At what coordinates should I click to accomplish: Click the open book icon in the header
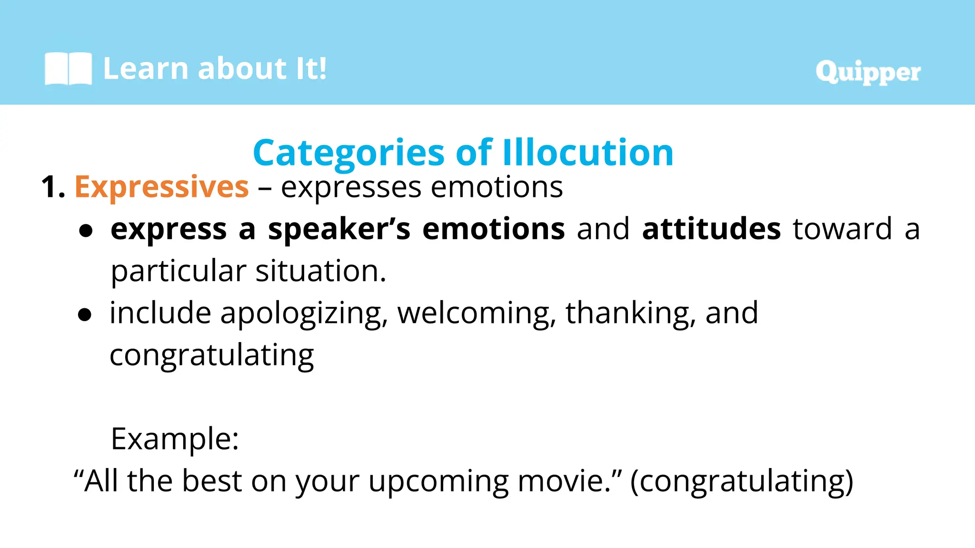68,69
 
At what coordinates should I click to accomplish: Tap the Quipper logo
868,72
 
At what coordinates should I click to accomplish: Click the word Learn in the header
146,68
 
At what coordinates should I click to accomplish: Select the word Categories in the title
348,153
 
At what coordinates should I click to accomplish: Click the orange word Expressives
162,187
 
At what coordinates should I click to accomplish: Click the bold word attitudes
711,229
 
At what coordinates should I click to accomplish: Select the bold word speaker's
339,229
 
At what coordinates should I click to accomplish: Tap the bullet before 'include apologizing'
85,315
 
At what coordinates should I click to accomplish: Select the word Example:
175,439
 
